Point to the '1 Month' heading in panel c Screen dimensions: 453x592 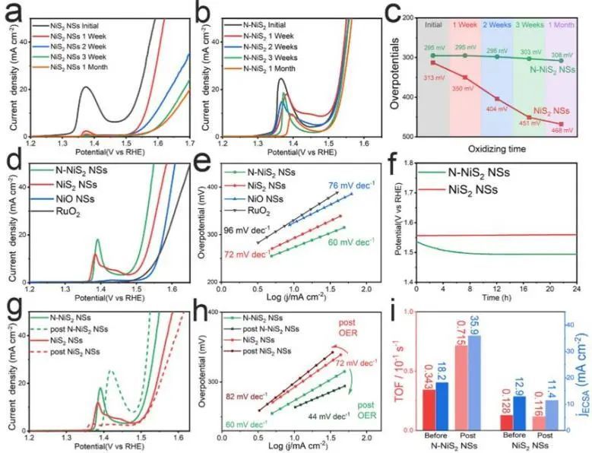(x=562, y=24)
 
